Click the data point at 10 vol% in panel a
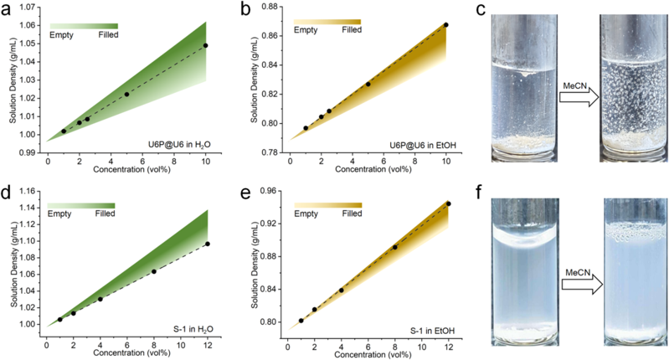[205, 45]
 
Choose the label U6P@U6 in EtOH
[419, 144]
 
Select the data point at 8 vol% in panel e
[395, 247]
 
